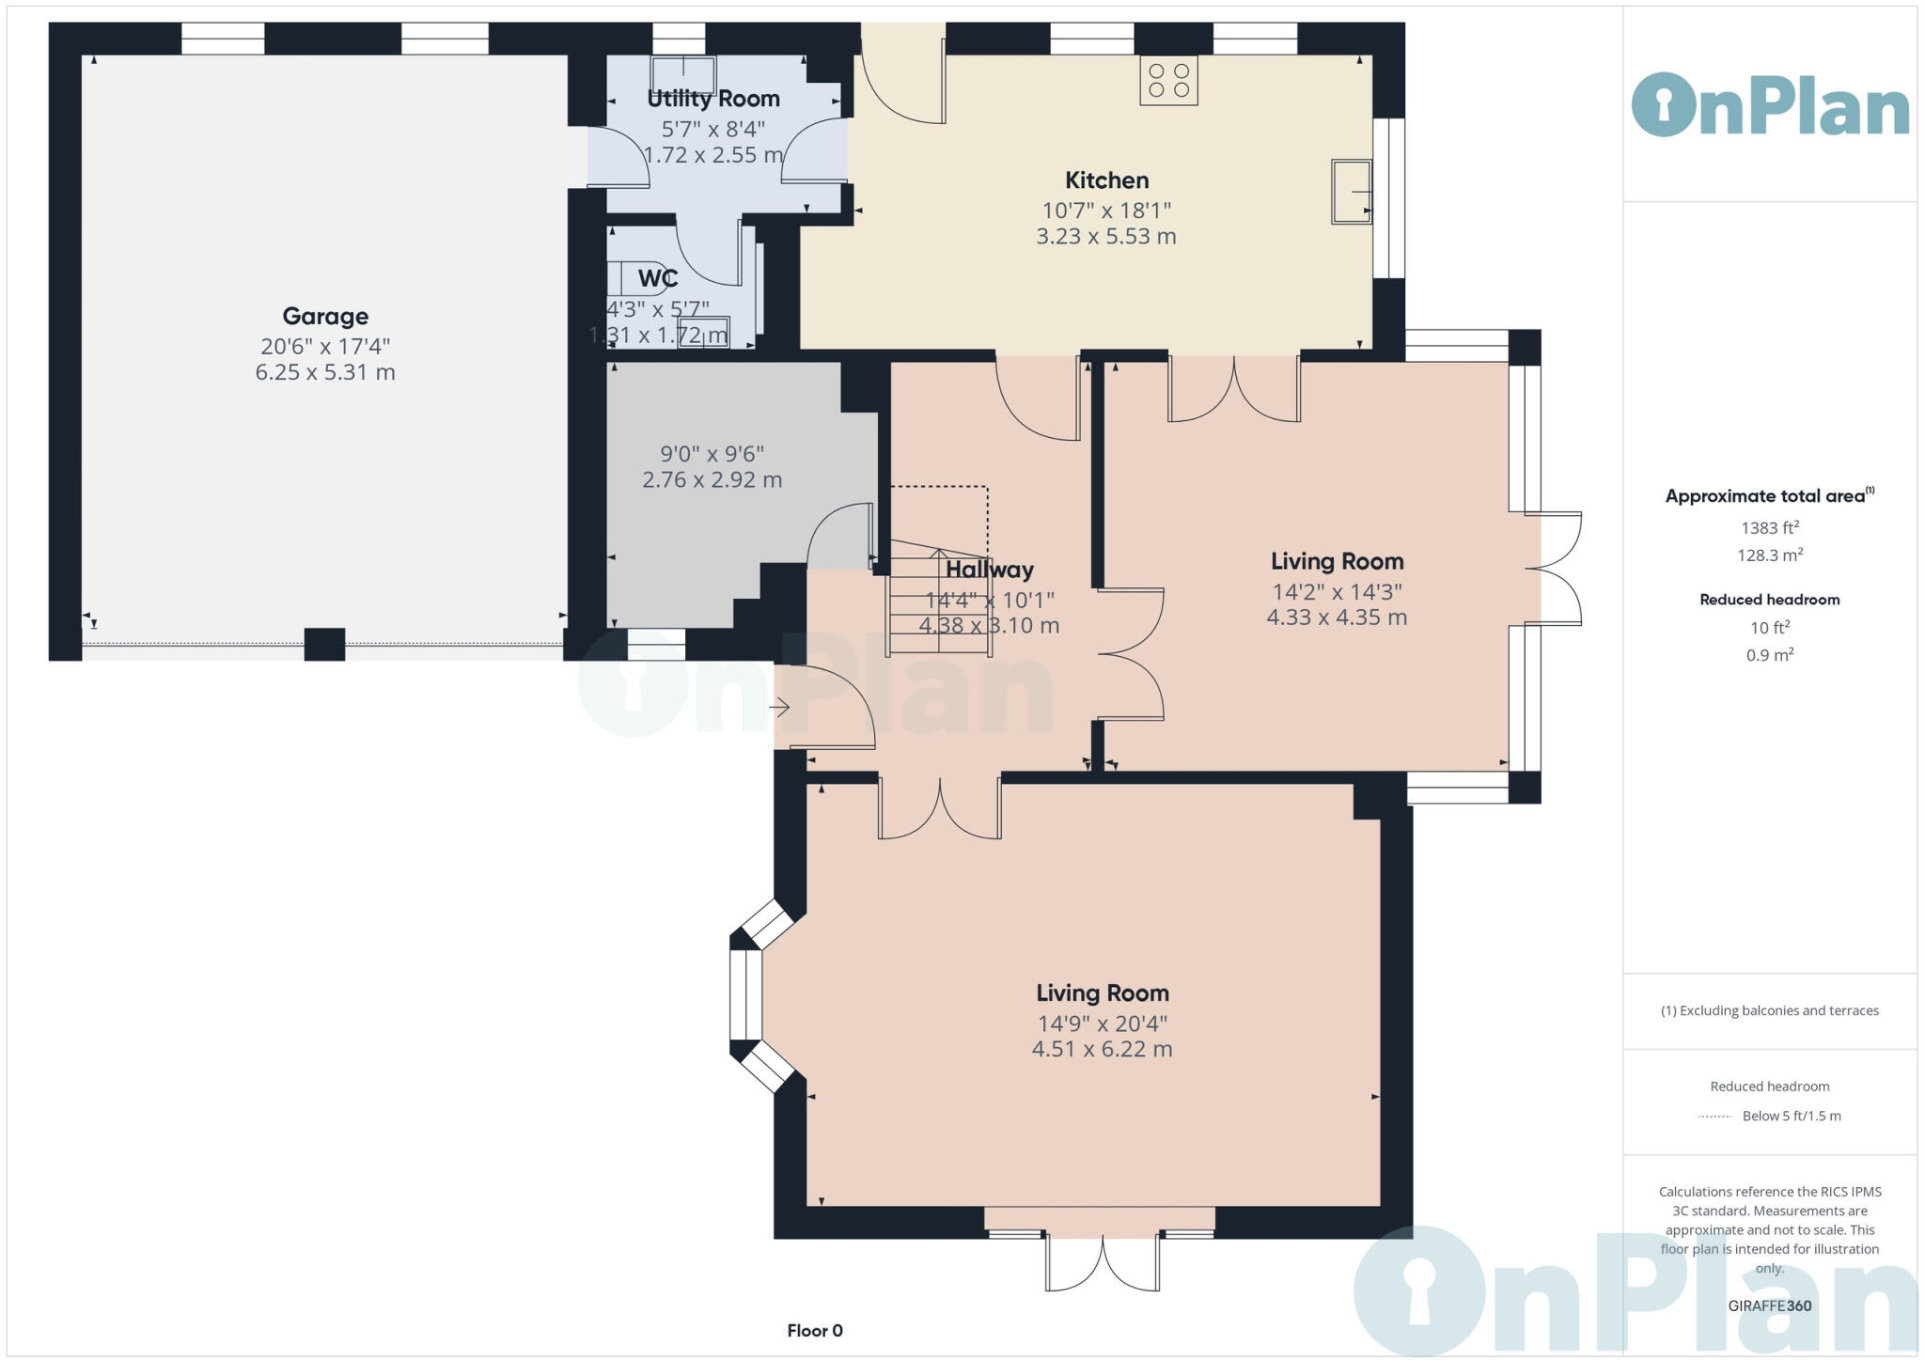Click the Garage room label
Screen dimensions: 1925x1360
tap(325, 317)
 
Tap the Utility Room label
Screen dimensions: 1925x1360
tap(713, 99)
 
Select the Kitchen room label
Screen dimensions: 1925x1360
tap(1106, 180)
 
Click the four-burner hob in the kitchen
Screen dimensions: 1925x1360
tap(1169, 81)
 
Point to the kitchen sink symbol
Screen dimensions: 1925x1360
tap(1352, 192)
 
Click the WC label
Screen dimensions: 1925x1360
tap(658, 278)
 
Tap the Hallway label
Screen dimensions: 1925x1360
tap(989, 570)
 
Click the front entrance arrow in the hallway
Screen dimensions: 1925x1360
tap(779, 707)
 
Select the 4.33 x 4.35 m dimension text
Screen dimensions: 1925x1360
tap(1337, 617)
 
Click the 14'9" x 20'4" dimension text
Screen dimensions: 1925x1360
tap(1103, 1024)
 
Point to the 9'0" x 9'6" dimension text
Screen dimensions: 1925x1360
tap(712, 454)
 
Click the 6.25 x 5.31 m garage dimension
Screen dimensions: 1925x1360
tap(325, 372)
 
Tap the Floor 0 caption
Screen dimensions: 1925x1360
tap(815, 1331)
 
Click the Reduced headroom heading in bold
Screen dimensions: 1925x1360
tap(1770, 600)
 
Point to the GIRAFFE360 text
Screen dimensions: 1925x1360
tap(1770, 1305)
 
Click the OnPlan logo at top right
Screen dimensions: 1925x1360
tap(1770, 105)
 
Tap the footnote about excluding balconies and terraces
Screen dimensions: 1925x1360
tap(1770, 1010)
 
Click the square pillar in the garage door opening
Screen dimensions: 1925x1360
tap(324, 645)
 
